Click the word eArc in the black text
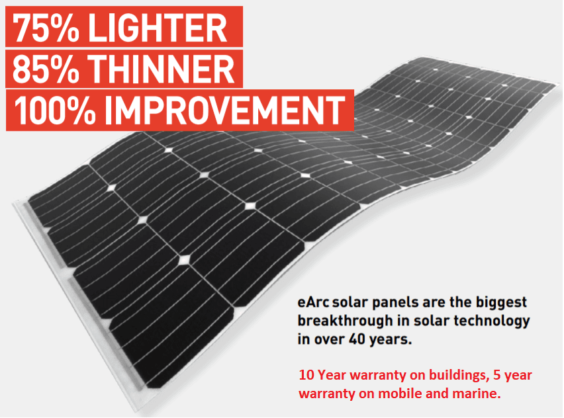click(x=313, y=303)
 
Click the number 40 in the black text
click(x=360, y=339)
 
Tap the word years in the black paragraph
click(x=392, y=339)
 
